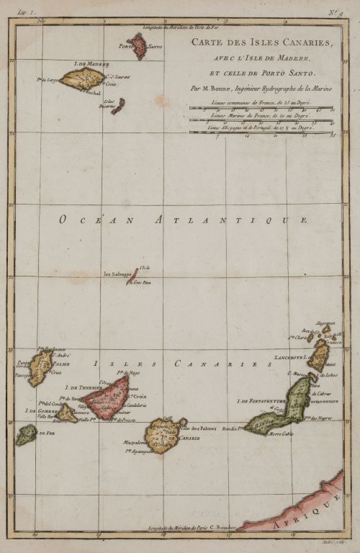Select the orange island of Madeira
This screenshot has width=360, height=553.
click(x=82, y=78)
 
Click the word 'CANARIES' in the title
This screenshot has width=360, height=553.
click(x=307, y=43)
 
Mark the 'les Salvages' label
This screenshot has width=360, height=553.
click(x=117, y=274)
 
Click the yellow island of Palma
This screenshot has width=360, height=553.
click(x=41, y=367)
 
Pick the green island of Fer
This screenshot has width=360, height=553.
click(x=27, y=434)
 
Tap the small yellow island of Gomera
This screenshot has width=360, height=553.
click(x=67, y=413)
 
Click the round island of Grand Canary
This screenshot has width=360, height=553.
click(x=165, y=435)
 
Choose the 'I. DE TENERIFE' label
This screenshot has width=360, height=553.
click(x=85, y=387)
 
